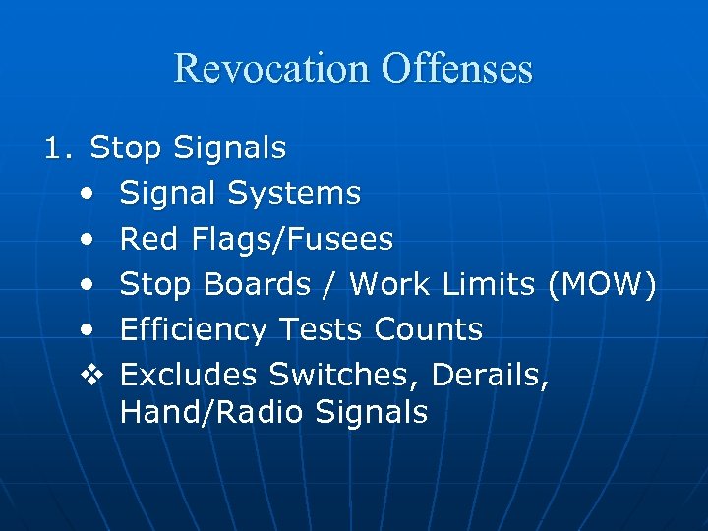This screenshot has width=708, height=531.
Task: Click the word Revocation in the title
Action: point(271,69)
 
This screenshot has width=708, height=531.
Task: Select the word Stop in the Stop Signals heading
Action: point(126,148)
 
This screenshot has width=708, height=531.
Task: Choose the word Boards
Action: point(257,284)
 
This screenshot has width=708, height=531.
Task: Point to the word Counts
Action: point(428,329)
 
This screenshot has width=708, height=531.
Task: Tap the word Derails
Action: point(490,375)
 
